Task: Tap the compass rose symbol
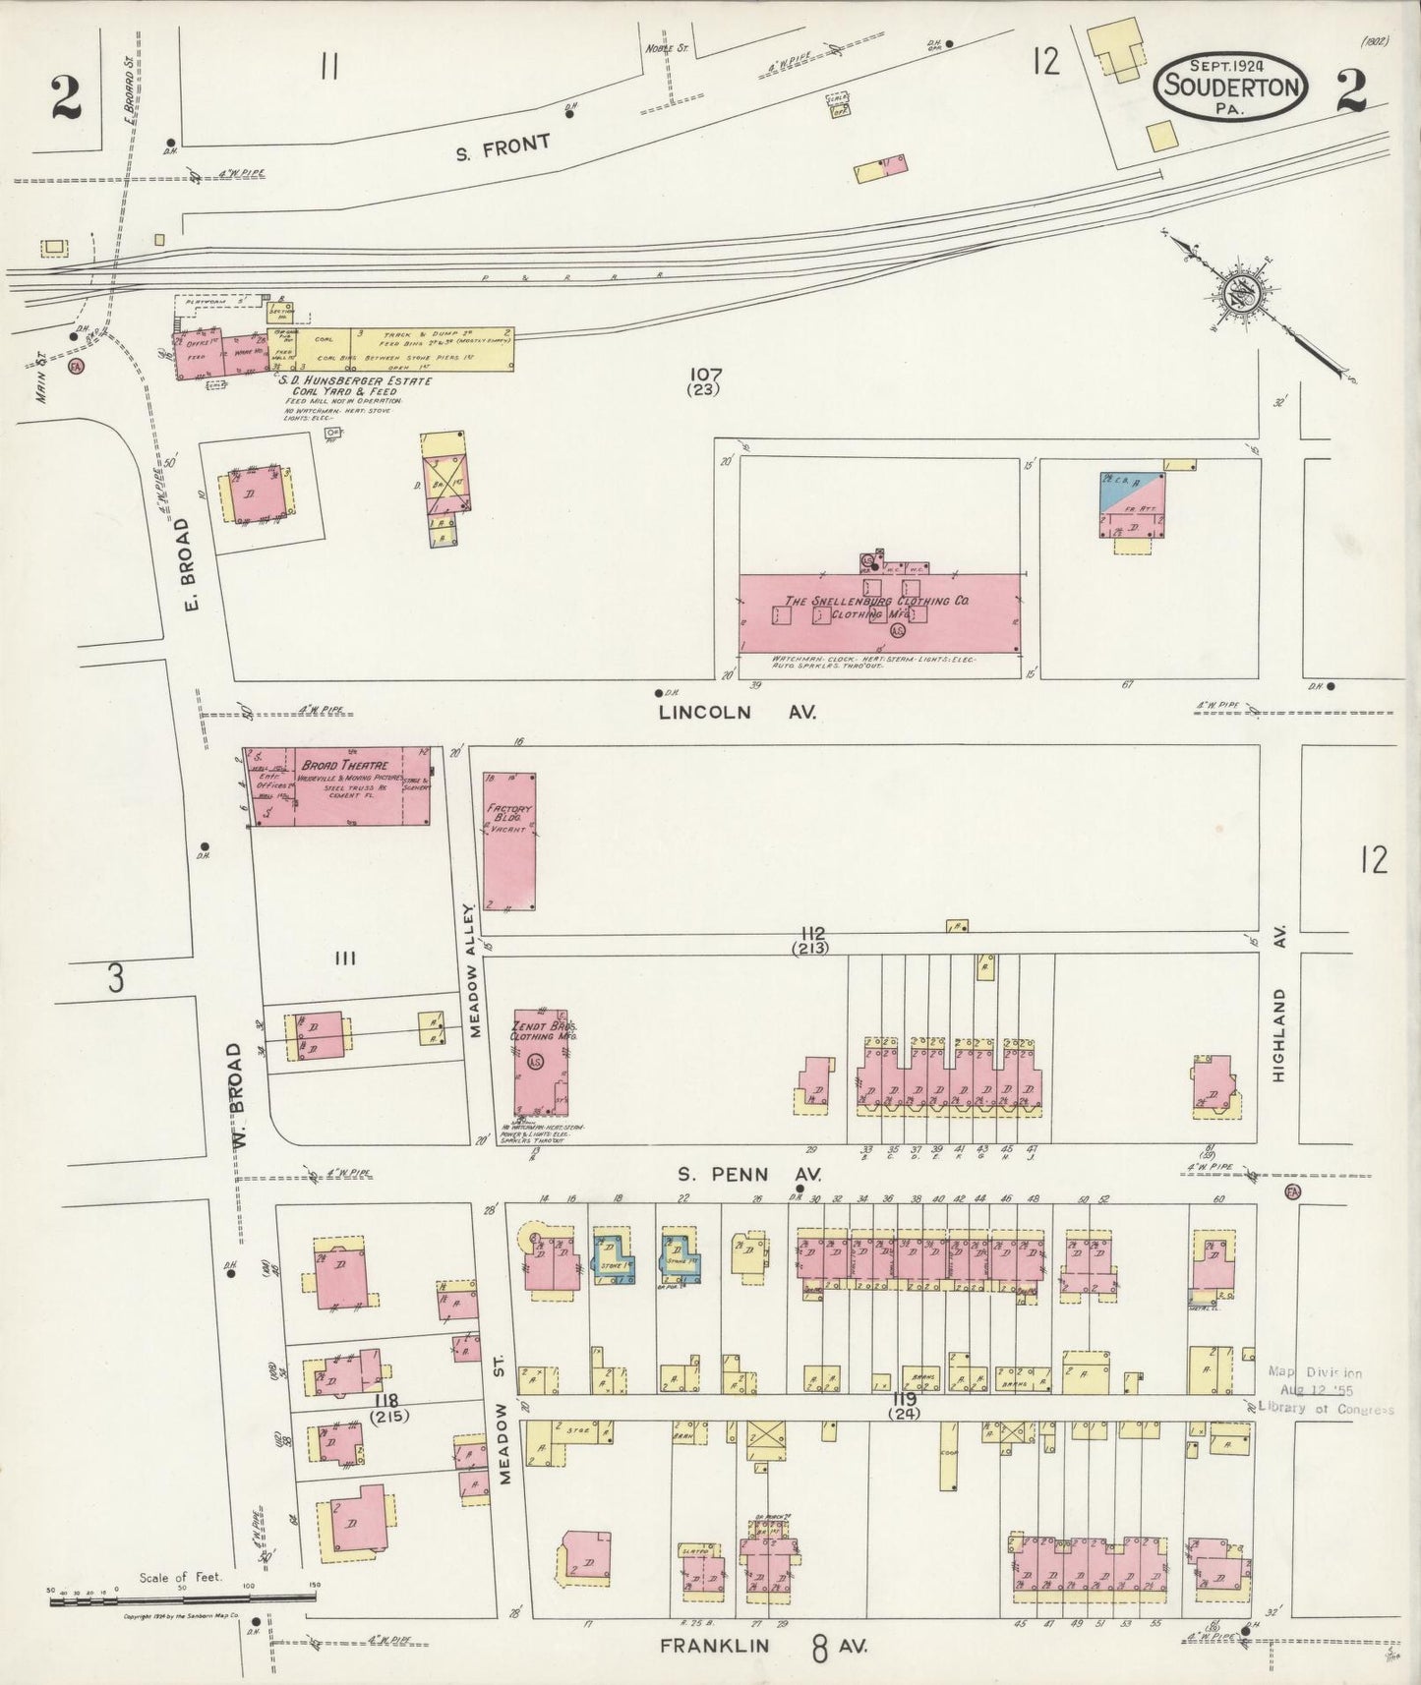pyautogui.click(x=1236, y=294)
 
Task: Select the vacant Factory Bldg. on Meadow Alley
pyautogui.click(x=509, y=841)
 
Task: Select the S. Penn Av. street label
pyautogui.click(x=748, y=1174)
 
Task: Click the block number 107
pyautogui.click(x=705, y=374)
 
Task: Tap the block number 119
pyautogui.click(x=904, y=1399)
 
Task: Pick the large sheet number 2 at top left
pyautogui.click(x=65, y=98)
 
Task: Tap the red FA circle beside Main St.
pyautogui.click(x=76, y=367)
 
